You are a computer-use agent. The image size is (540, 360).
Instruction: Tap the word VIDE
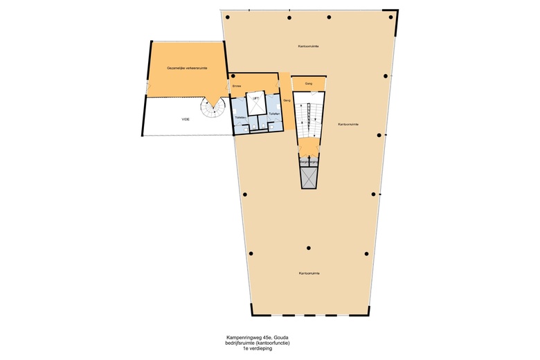coord(186,120)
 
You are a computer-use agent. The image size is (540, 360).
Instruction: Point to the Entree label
coord(237,86)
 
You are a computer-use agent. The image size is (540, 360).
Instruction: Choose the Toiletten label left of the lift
coord(240,118)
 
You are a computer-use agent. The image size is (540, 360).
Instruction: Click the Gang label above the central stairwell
coord(308,83)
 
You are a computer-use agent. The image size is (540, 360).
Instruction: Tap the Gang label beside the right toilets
coord(286,100)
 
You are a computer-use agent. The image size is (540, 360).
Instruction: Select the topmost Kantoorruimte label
coord(308,46)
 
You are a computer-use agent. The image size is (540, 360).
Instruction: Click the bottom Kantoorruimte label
coord(309,273)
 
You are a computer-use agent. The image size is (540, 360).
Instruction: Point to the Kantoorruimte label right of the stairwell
coord(348,125)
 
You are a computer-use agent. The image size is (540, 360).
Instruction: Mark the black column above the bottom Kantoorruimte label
coord(309,247)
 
